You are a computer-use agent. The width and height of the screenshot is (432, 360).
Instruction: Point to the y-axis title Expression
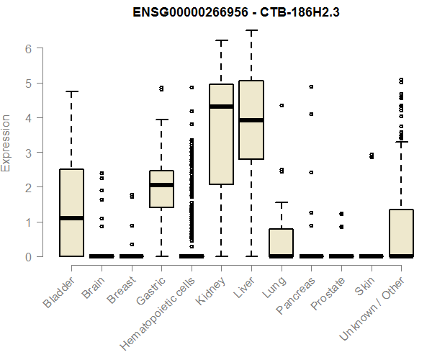(x=7, y=143)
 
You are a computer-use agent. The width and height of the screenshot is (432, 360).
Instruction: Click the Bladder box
(x=71, y=212)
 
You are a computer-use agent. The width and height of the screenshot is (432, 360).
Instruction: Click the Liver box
(x=251, y=120)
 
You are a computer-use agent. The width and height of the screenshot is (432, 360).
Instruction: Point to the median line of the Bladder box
(x=71, y=218)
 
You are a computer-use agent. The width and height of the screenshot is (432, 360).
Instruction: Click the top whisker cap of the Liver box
(x=251, y=30)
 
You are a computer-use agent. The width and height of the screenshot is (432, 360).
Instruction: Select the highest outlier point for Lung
(x=282, y=105)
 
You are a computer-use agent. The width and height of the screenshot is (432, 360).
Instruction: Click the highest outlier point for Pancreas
(x=312, y=86)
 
